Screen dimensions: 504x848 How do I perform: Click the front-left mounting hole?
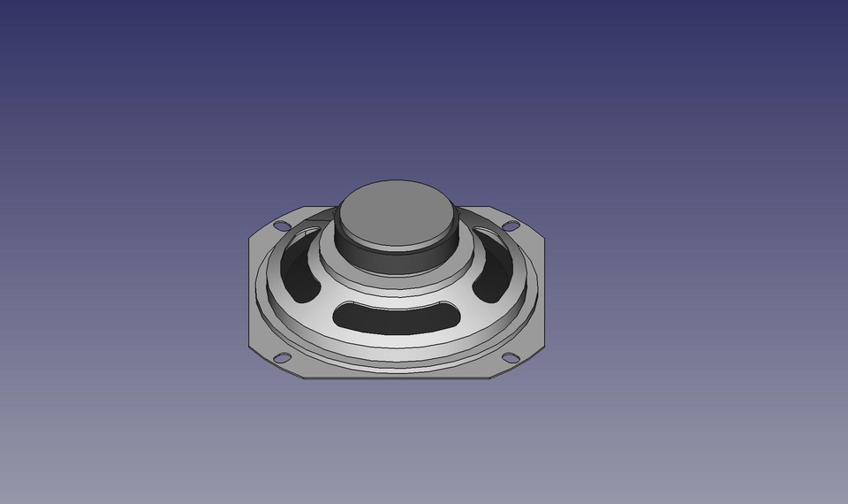[x=283, y=358]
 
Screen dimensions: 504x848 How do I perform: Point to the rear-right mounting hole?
[x=510, y=226]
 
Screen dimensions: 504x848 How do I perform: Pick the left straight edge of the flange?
[x=249, y=292]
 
